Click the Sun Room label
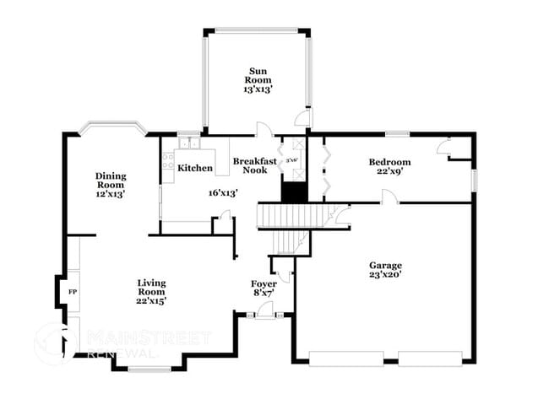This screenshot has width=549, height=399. pos(258,77)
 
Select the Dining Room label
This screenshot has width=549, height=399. pos(110,181)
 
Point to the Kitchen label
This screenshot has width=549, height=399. pos(195,168)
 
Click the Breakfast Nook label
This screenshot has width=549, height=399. pos(250,165)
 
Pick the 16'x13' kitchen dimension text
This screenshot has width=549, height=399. pos(223,192)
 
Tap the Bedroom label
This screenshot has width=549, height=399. pos(389,162)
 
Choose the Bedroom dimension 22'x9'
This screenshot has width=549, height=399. pos(389,172)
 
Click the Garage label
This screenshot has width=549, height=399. pos(384,265)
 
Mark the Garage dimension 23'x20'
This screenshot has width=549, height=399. pos(384,275)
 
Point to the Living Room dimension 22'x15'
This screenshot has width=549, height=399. pos(152,301)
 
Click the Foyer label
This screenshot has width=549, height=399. pos(264,283)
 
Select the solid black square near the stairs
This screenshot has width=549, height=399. pos(293,192)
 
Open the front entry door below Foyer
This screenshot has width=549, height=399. pos(265,312)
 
